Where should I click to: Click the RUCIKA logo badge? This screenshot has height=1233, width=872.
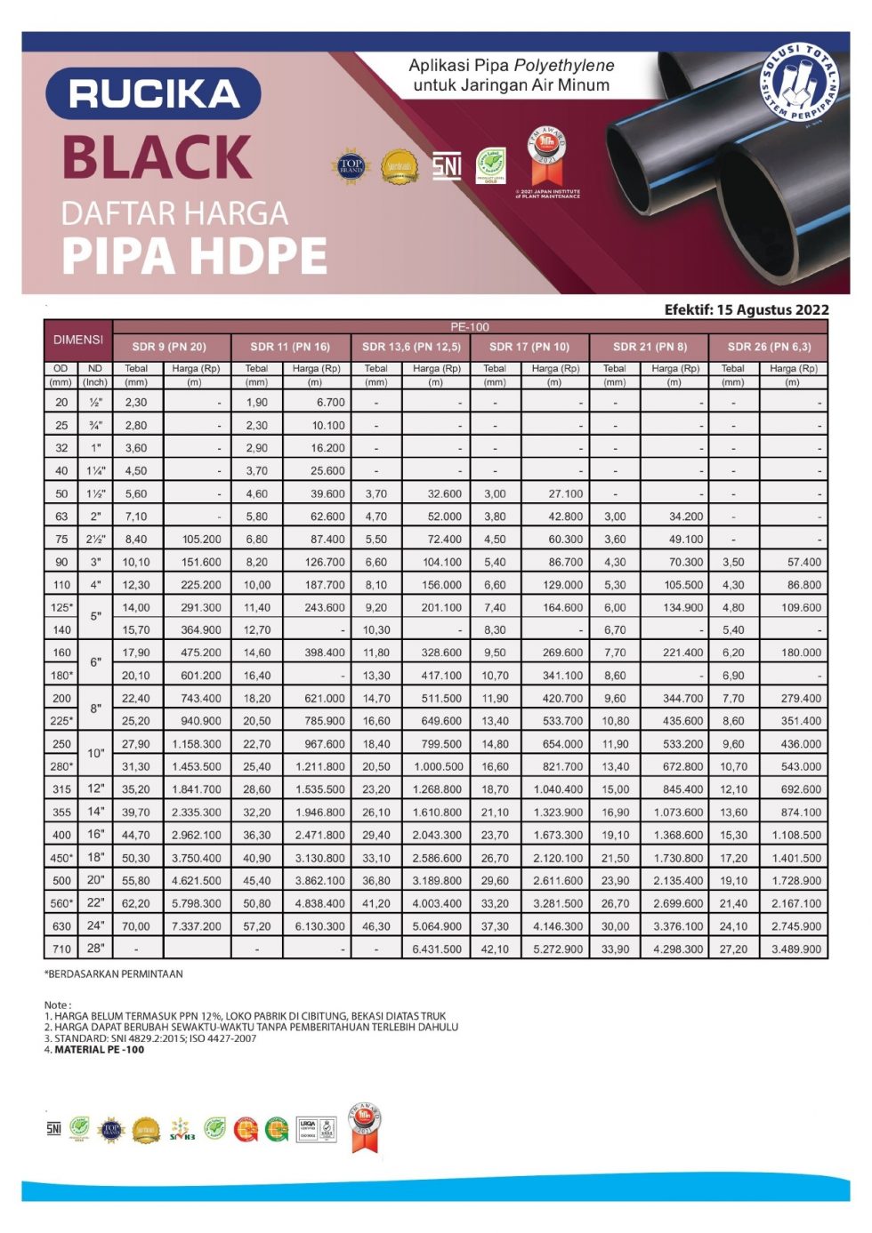152,93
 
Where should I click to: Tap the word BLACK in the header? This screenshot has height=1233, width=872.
157,157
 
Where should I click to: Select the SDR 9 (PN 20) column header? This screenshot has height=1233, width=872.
169,347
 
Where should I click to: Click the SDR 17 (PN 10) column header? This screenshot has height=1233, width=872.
529,347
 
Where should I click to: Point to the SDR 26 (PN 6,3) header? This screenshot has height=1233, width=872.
769,347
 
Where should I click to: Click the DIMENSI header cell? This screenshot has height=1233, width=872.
78,340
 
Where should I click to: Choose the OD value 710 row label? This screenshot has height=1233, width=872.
61,949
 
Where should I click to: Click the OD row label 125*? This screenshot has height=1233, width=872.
61,607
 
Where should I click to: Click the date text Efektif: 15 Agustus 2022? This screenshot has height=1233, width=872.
746,309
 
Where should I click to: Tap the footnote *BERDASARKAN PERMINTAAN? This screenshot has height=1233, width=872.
114,974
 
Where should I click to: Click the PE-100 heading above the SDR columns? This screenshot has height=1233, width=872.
470,327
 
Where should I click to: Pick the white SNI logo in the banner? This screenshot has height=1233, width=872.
447,165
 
